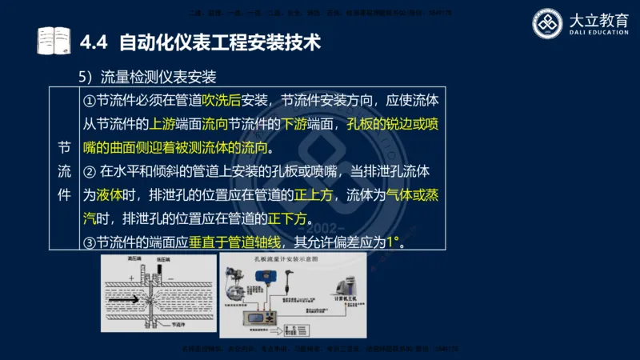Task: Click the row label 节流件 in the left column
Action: point(64,171)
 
